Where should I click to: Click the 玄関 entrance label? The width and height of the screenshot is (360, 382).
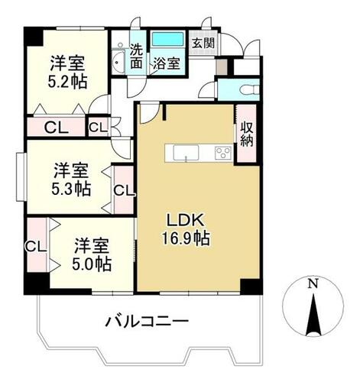pos(203,44)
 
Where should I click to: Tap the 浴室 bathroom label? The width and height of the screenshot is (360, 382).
pos(167,63)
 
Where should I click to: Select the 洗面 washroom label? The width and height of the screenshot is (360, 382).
pos(136,57)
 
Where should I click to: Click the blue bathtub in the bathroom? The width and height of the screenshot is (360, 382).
pos(167,39)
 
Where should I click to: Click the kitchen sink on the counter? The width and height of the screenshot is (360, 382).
pos(186,153)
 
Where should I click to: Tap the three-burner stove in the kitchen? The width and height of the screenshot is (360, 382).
pos(223,153)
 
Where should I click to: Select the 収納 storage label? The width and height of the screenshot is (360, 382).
pos(247,134)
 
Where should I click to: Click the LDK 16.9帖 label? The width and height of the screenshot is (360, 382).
pos(186,229)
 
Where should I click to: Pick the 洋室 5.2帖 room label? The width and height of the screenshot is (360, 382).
pos(67,72)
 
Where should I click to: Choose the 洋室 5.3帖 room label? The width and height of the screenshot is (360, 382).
pos(71,180)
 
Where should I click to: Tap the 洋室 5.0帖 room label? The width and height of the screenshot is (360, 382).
pos(92,254)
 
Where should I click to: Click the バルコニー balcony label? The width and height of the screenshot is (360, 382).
pos(148,321)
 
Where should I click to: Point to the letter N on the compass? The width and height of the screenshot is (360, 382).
pos(313,283)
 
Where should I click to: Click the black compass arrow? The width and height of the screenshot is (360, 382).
pos(313,315)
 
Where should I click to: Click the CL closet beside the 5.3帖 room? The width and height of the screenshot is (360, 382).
pos(124,190)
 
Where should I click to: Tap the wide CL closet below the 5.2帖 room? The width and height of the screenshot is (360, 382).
pos(56,128)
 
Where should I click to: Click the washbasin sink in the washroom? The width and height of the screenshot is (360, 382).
pos(118,62)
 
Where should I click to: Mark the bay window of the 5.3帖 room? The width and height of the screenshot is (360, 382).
pos(21,177)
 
